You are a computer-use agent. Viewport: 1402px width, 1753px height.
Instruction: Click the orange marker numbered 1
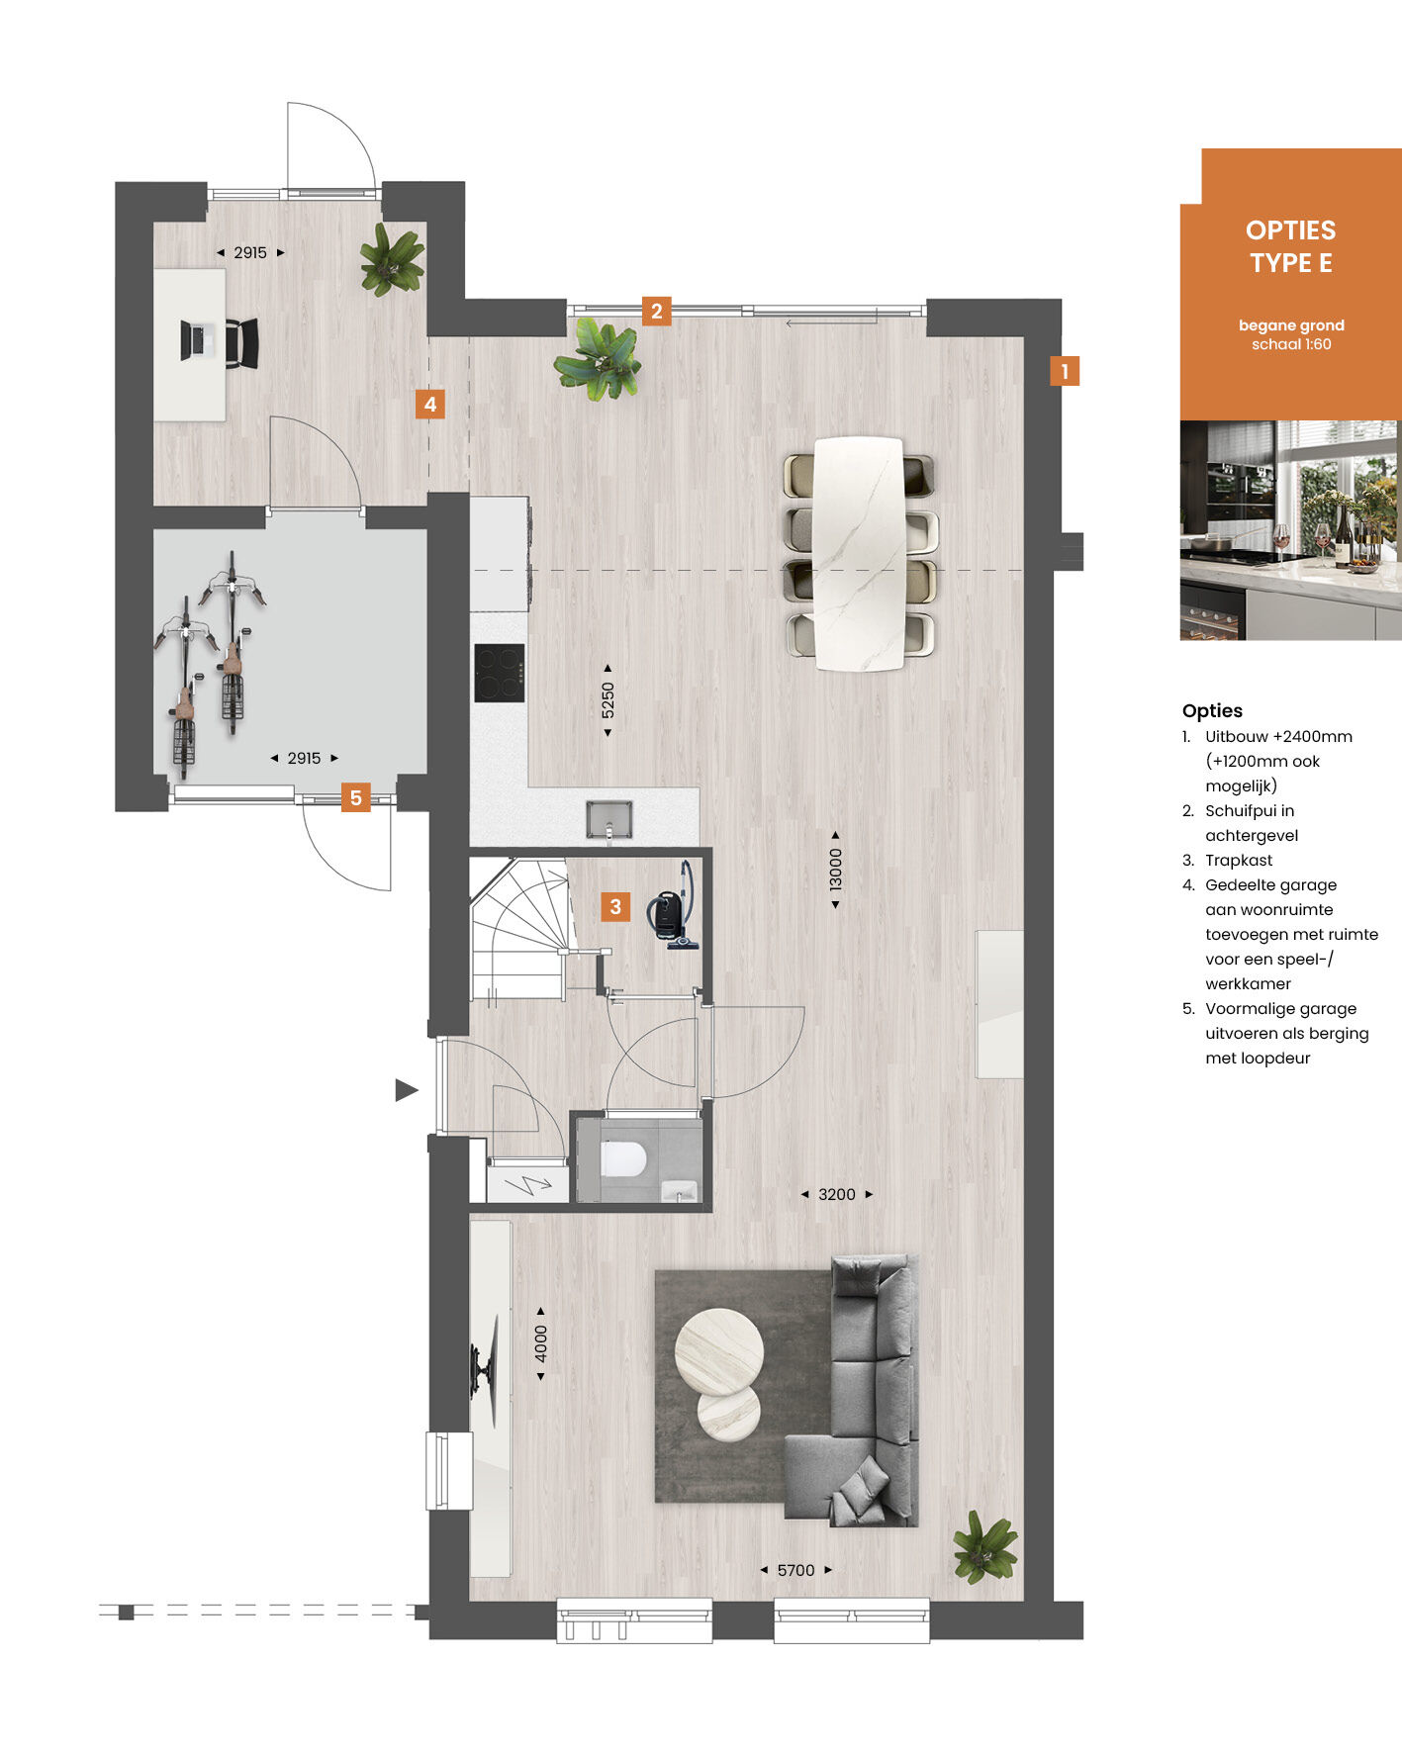click(x=1065, y=371)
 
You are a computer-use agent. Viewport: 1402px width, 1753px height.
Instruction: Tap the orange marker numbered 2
click(x=656, y=311)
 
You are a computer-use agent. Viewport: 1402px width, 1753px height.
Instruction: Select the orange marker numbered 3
click(x=615, y=906)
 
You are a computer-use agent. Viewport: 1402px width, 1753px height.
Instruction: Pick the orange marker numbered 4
click(x=429, y=404)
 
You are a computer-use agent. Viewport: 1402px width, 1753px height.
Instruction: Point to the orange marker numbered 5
click(x=356, y=797)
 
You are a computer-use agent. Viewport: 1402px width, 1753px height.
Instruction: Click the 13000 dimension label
click(x=836, y=870)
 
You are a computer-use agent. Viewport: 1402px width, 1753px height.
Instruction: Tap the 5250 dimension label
click(x=608, y=700)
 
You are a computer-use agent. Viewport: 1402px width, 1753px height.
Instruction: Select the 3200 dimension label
click(x=837, y=1194)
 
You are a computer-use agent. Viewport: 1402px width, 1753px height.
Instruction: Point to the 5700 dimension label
click(x=796, y=1570)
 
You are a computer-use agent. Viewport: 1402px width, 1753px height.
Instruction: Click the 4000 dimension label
click(x=540, y=1342)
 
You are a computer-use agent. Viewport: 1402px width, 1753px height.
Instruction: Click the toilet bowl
click(x=623, y=1158)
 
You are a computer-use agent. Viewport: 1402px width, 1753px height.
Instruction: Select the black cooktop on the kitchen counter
click(x=500, y=673)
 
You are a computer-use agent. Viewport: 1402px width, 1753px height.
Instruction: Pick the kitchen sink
click(x=608, y=819)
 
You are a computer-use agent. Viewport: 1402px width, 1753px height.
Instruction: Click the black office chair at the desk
click(x=242, y=342)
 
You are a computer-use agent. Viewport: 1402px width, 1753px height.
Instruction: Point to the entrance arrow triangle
click(x=406, y=1090)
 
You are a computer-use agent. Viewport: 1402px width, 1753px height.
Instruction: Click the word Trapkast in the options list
click(x=1239, y=861)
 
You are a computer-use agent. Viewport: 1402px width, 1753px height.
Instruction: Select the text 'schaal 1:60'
click(x=1291, y=344)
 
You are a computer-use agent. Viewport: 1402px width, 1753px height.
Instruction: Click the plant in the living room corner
click(x=984, y=1546)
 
